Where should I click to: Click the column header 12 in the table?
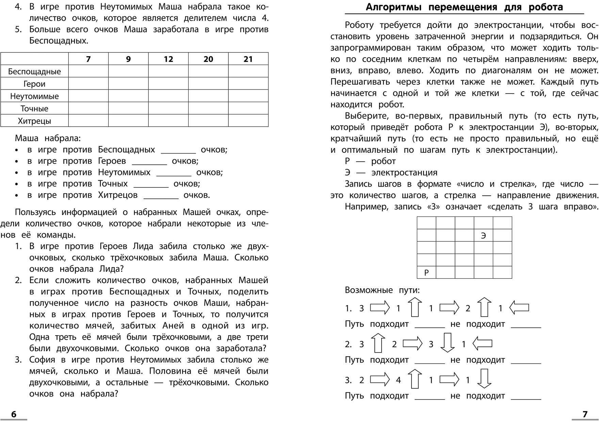point(168,59)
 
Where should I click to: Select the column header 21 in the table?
point(248,59)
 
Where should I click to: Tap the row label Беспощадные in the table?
point(34,71)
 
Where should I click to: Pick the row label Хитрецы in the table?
point(34,121)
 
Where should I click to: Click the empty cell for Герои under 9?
point(128,84)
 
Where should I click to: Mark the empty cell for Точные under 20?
point(208,109)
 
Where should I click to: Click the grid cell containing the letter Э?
point(483,236)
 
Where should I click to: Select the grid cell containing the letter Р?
point(426,272)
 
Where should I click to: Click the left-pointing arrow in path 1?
point(519,308)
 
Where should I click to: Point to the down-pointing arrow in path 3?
point(484,379)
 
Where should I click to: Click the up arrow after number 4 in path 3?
point(415,379)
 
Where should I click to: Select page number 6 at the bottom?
point(14,414)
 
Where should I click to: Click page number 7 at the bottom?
point(585,414)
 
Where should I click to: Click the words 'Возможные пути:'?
point(382,290)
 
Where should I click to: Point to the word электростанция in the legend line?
point(404,173)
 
